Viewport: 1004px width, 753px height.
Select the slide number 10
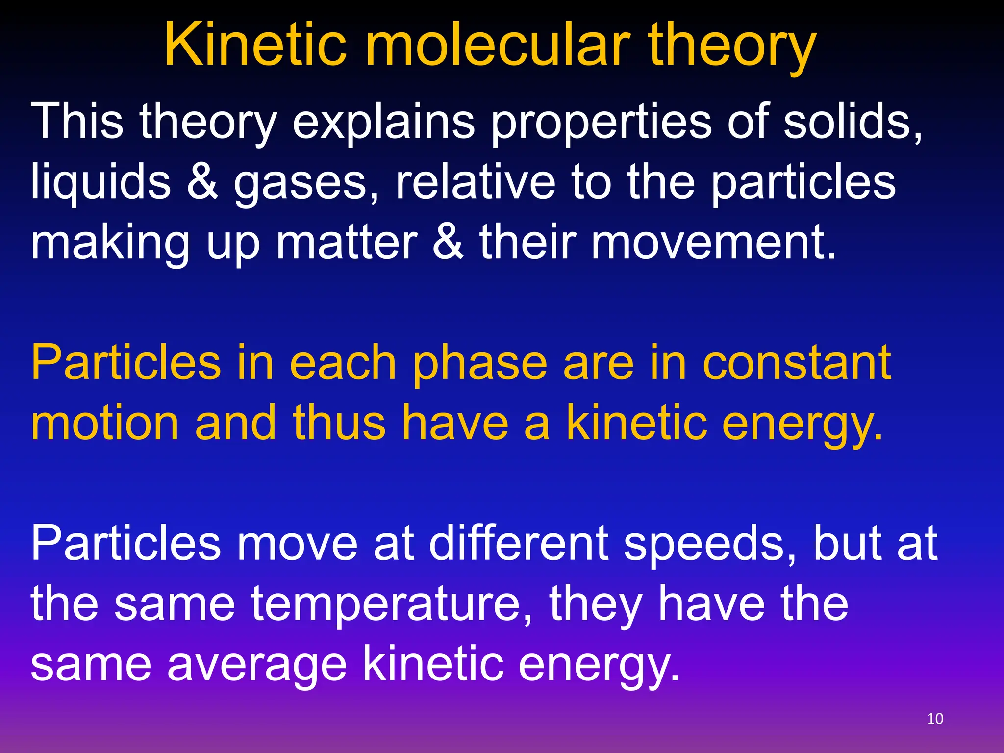pyautogui.click(x=935, y=719)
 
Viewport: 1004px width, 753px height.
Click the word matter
pyautogui.click(x=346, y=242)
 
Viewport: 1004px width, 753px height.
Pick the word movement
pyautogui.click(x=714, y=242)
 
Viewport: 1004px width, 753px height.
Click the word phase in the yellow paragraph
pyautogui.click(x=480, y=364)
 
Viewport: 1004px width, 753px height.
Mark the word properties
pyautogui.click(x=601, y=123)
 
